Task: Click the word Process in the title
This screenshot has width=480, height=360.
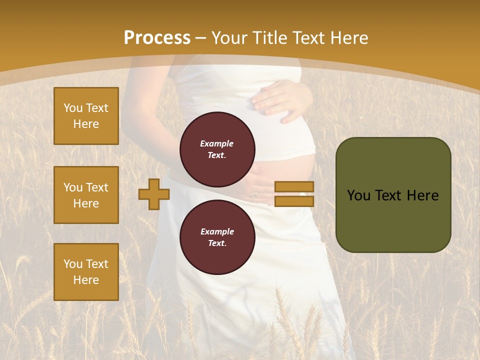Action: [x=157, y=38]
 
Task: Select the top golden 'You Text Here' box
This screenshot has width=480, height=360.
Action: [x=86, y=116]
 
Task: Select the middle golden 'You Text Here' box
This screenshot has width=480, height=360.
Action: [x=86, y=195]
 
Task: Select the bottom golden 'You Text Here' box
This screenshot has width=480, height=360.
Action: [x=86, y=272]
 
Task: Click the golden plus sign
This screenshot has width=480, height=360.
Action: [x=154, y=194]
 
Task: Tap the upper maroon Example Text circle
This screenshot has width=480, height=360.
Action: [x=217, y=149]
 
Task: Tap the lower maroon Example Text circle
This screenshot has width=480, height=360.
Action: [x=217, y=237]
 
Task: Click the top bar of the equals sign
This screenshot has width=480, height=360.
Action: [x=294, y=187]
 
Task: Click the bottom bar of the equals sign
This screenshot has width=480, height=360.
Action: [x=294, y=201]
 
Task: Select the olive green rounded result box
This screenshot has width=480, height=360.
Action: [x=393, y=195]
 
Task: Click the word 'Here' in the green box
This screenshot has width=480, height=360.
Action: [x=422, y=195]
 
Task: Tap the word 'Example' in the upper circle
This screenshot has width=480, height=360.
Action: [x=217, y=143]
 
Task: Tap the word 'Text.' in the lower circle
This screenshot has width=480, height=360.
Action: [x=217, y=243]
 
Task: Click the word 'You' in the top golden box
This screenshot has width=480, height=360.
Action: [x=73, y=108]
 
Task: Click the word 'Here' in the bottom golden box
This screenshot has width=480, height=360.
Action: [x=86, y=280]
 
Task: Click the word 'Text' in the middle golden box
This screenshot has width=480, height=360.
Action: [x=97, y=187]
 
